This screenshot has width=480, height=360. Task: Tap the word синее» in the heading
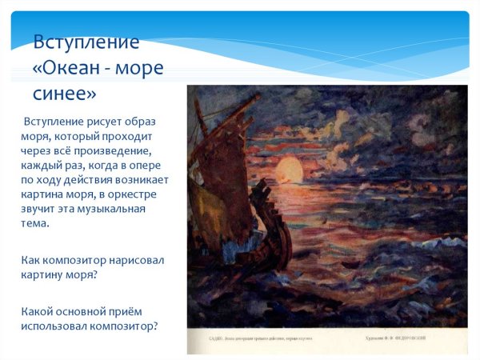pyautogui.click(x=64, y=94)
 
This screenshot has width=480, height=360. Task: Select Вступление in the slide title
pyautogui.click(x=86, y=42)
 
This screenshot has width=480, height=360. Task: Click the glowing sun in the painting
pyautogui.click(x=289, y=170)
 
